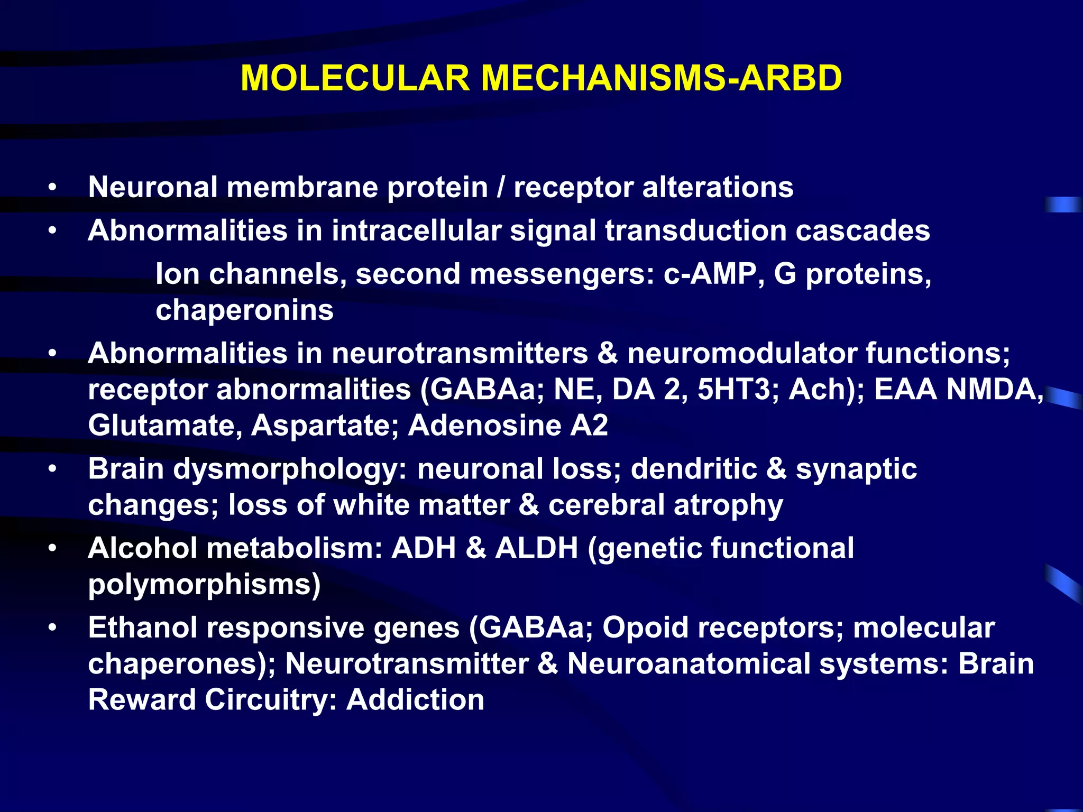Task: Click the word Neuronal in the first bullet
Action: click(153, 187)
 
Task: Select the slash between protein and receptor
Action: click(501, 187)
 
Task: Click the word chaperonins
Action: click(244, 310)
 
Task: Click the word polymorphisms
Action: click(204, 585)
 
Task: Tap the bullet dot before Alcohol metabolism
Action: click(52, 549)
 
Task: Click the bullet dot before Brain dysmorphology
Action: click(52, 469)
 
